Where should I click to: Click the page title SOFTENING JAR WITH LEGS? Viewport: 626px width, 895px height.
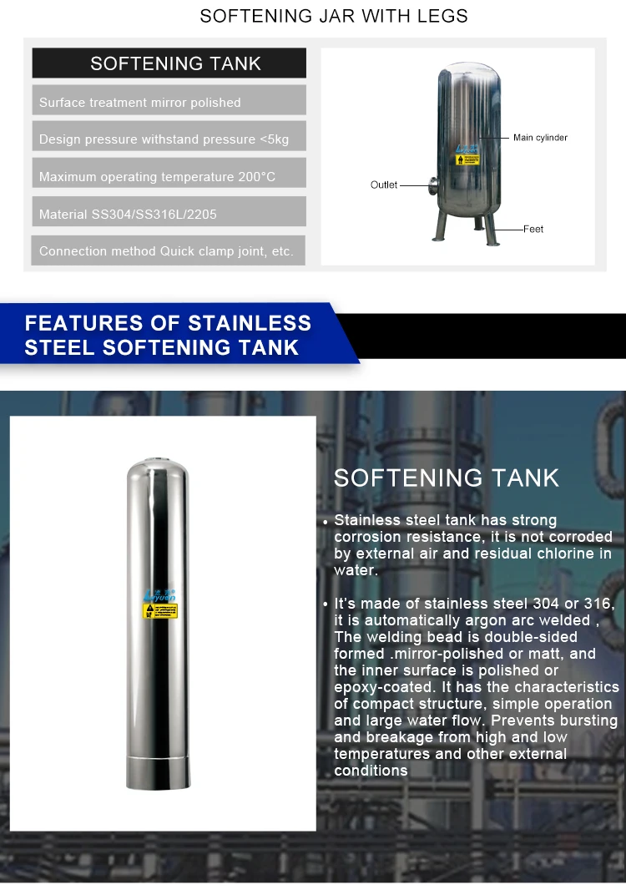coord(334,17)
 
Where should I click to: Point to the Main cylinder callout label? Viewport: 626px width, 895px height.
coord(540,138)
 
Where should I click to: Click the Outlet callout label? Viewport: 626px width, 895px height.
coord(384,185)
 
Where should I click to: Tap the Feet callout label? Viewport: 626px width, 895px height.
coord(533,228)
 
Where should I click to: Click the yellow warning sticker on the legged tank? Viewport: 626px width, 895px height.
coord(469,159)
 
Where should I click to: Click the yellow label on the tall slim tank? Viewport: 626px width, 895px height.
coord(160,610)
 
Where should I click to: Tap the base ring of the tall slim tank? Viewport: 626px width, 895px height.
coord(159,772)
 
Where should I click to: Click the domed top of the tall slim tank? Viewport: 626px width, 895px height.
coord(158,468)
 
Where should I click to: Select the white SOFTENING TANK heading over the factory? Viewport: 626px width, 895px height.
coord(447,478)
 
